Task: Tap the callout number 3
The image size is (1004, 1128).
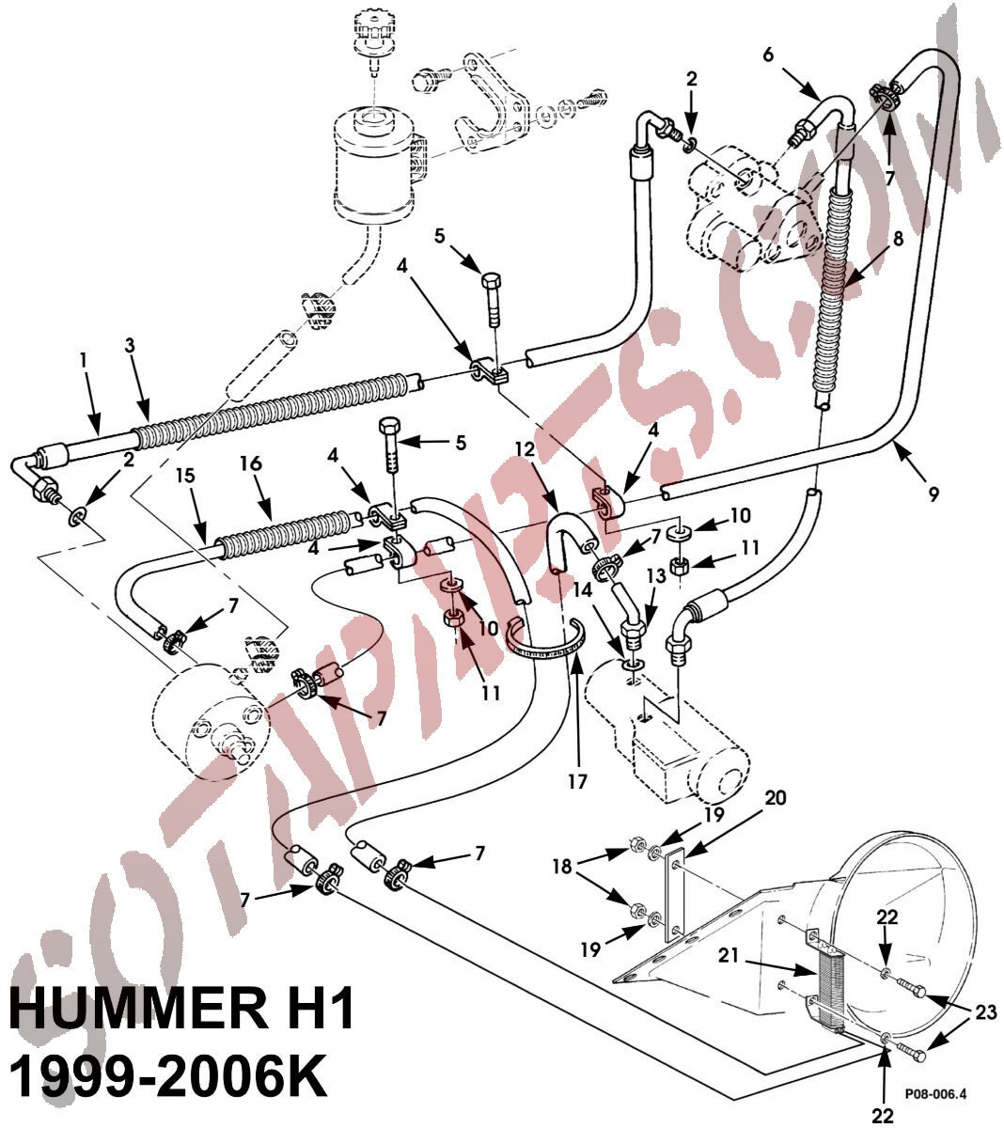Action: pos(130,345)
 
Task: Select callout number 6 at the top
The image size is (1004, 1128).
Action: pos(768,55)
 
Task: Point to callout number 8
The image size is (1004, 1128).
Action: pos(899,239)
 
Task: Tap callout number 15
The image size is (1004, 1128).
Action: pos(185,477)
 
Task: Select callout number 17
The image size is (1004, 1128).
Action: pos(576,781)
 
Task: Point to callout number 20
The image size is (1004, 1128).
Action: pos(775,798)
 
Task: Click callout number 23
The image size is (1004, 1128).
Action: pos(983,1011)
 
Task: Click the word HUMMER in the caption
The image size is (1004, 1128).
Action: pos(142,1010)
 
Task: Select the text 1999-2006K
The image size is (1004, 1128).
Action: pos(169,1077)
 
